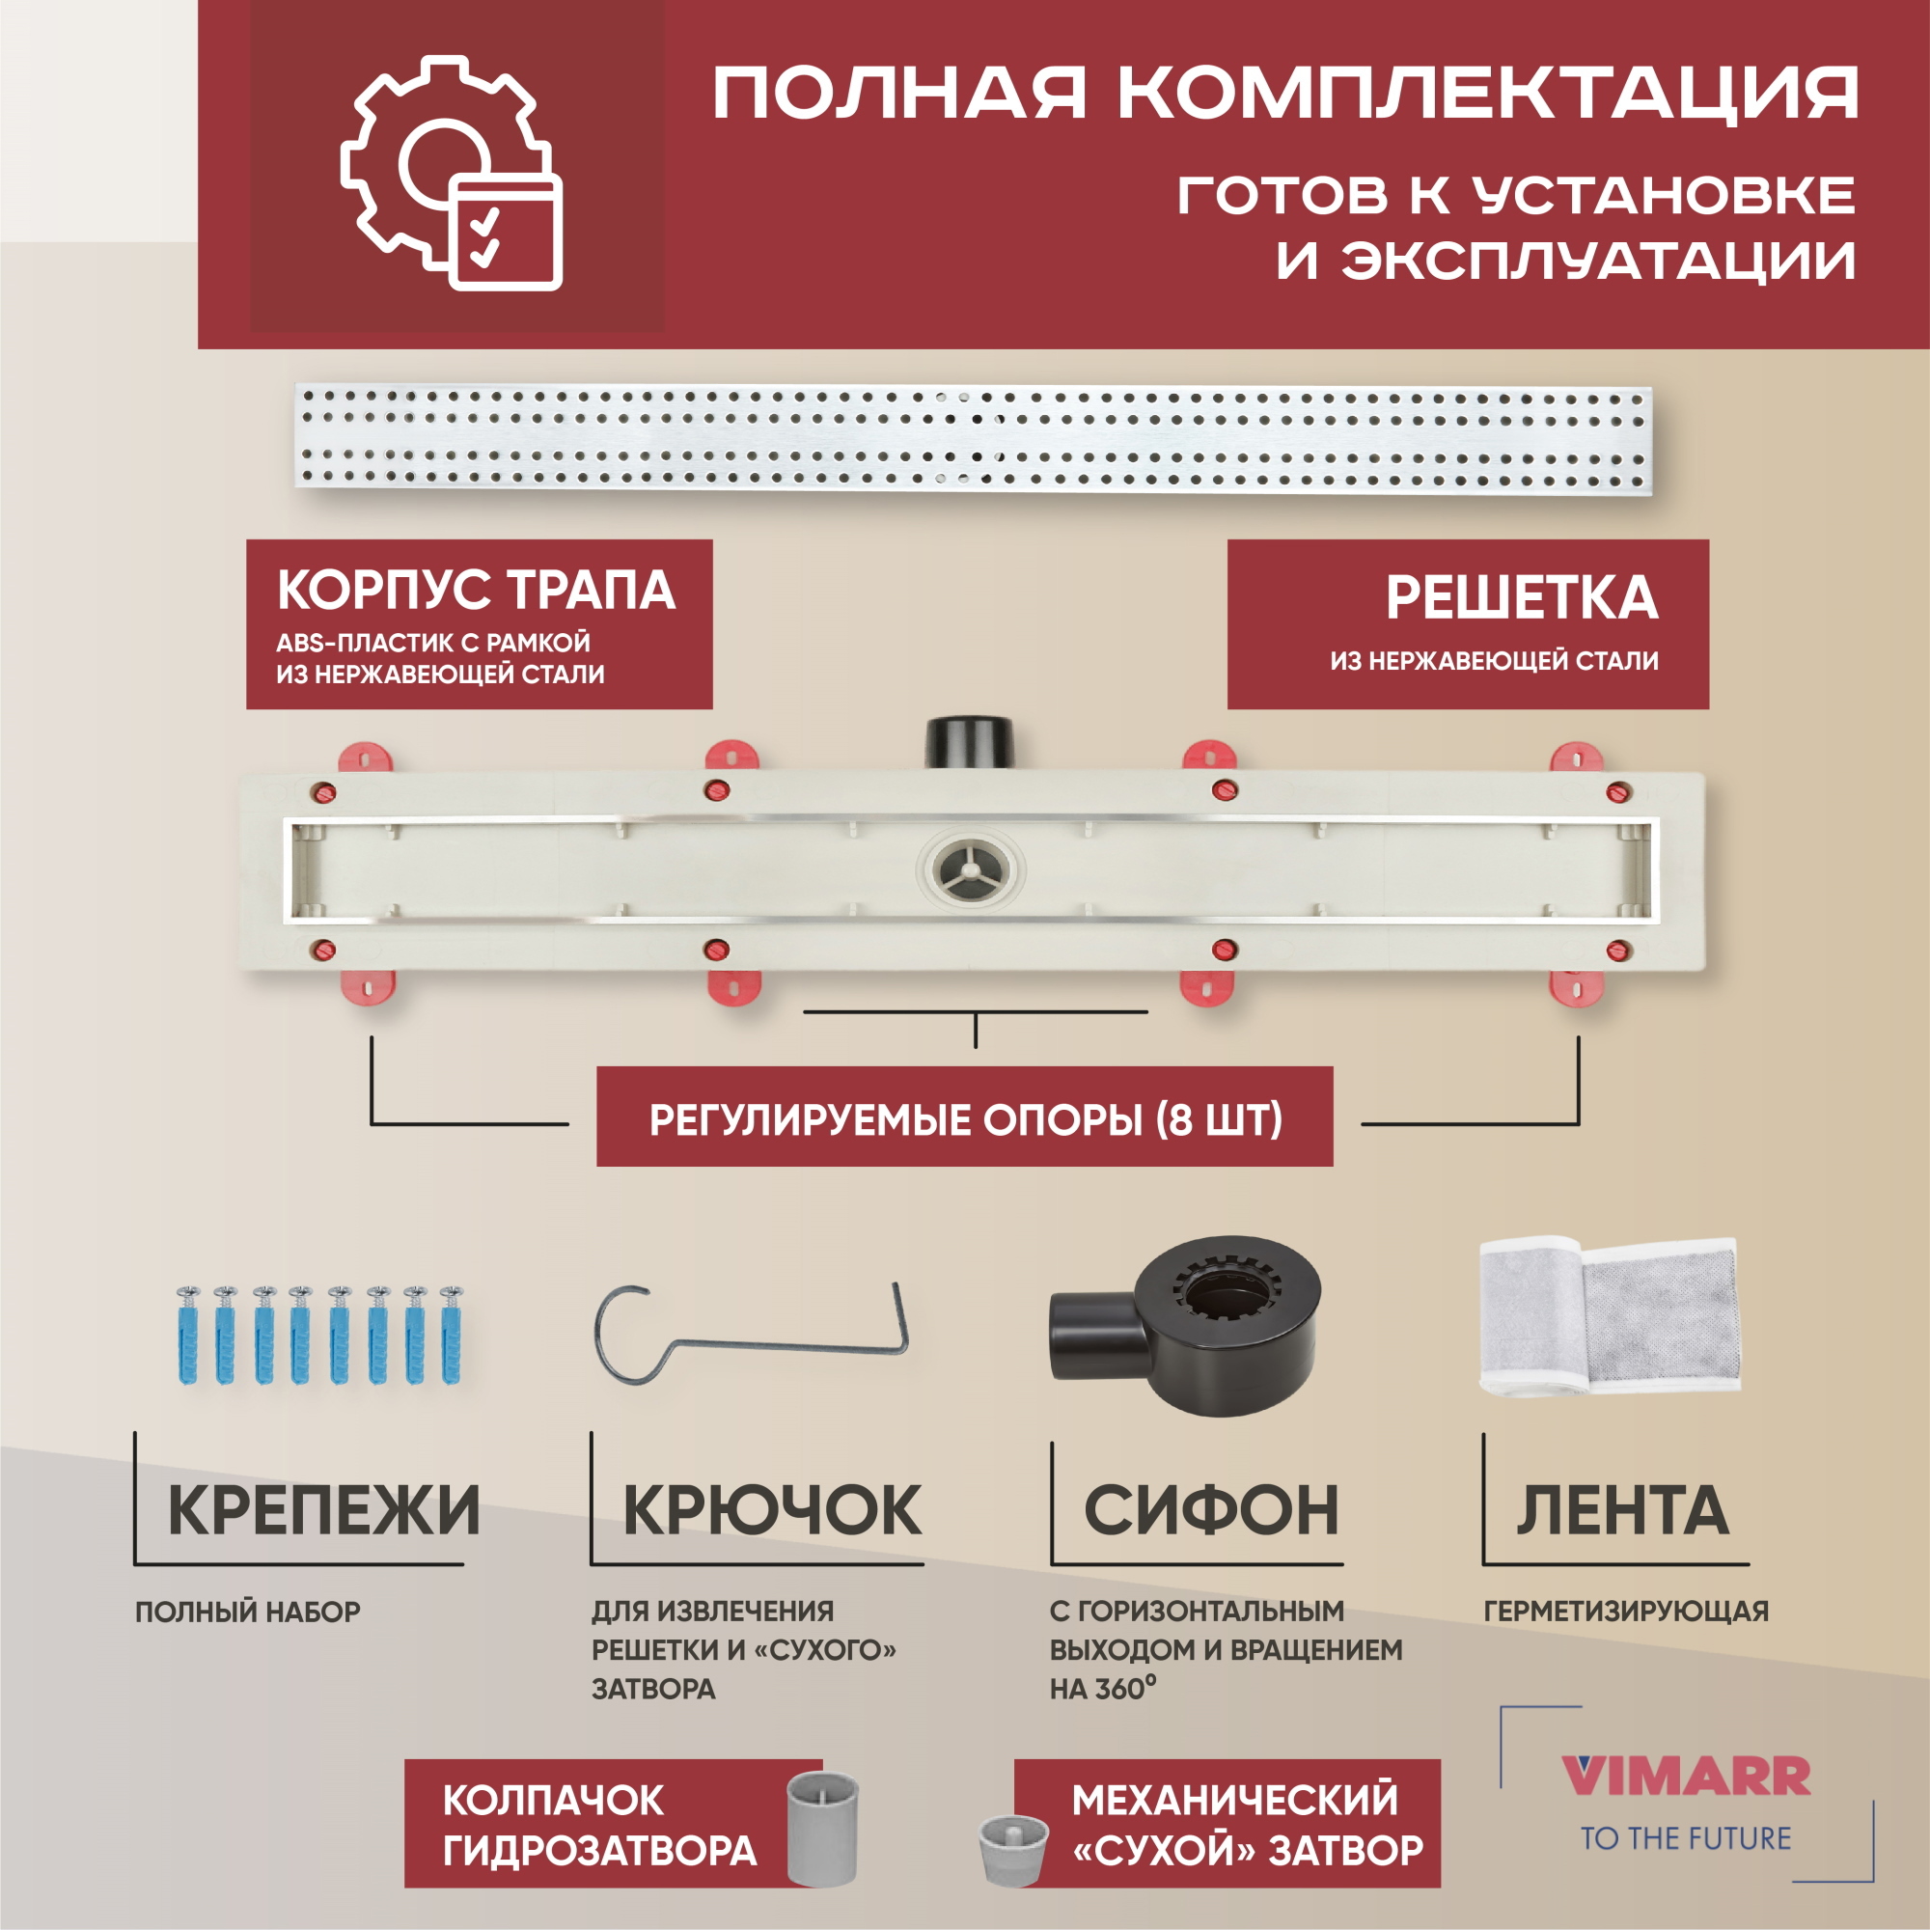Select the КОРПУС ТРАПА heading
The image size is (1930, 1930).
coord(476,590)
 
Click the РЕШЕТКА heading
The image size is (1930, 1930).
coord(1521,598)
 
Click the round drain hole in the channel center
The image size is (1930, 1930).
coord(970,868)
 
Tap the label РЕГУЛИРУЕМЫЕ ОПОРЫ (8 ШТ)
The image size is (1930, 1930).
coord(965,1119)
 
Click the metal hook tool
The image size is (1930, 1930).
coord(749,1335)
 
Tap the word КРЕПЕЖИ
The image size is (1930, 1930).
coord(322,1510)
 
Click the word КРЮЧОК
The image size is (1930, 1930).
coord(771,1510)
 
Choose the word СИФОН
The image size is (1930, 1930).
coord(1211,1510)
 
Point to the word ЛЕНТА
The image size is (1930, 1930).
coord(1622,1510)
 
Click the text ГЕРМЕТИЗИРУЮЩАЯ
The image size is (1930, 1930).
coord(1625,1611)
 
